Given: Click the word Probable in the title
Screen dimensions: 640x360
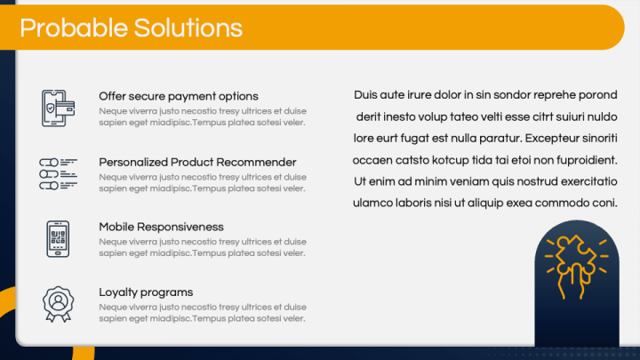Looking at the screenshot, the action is coord(74,28).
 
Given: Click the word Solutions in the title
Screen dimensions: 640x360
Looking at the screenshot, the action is coord(188,28).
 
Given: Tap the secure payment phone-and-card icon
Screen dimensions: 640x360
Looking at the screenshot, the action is coord(58,108).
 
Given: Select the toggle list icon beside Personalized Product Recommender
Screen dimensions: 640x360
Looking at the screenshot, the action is coord(59,174).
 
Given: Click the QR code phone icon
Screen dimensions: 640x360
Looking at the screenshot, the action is coord(58,239).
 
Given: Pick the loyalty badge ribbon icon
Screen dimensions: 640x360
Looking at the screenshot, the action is coord(59,304).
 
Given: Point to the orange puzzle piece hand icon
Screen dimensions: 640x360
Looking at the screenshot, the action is coord(576,267).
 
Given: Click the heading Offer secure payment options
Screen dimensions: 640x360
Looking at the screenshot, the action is coord(179,96).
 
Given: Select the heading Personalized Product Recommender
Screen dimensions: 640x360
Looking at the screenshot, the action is coord(197,162).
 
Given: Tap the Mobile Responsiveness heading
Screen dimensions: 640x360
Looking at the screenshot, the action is coord(161,227).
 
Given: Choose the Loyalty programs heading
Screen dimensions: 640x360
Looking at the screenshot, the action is coord(146,292).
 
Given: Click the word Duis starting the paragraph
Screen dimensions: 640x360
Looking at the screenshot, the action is coord(365,95).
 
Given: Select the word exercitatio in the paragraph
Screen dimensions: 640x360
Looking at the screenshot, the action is coord(589,181).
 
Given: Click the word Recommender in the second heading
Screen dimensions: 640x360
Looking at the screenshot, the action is coord(256,162).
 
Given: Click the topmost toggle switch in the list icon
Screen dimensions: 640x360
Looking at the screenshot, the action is coord(49,163).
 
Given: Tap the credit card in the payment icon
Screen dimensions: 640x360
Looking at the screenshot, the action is coord(65,108).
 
